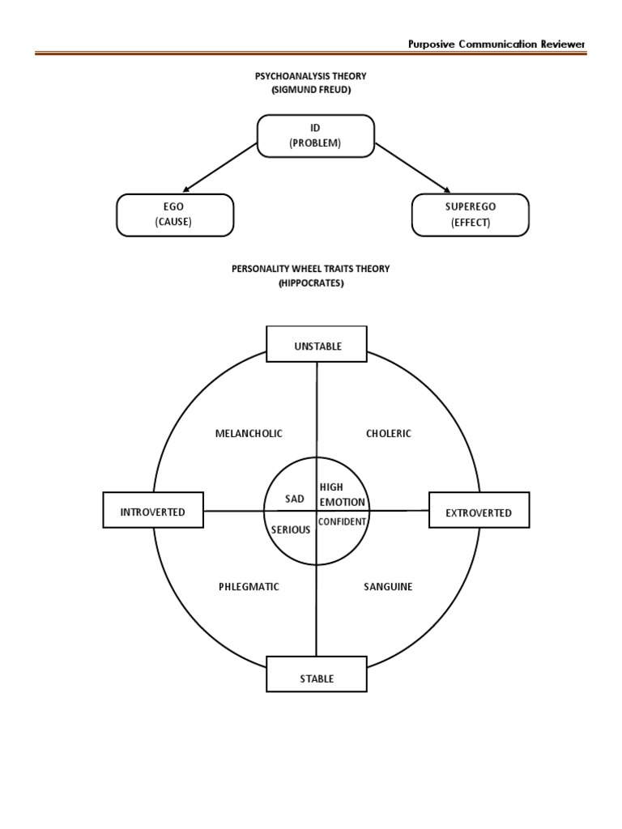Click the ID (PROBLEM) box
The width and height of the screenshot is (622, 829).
point(316,135)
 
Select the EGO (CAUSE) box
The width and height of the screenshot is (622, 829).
point(175,215)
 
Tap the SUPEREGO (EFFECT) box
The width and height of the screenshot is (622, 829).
point(471,215)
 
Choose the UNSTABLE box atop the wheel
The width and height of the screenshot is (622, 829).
point(317,346)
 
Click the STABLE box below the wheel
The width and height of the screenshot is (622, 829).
point(317,678)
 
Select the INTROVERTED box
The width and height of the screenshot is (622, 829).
point(153,512)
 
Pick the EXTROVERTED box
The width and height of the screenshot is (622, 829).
point(479,512)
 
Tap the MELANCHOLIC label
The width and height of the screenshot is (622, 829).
point(249,434)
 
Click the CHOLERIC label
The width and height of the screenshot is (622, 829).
point(389,434)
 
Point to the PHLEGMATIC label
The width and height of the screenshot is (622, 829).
point(249,586)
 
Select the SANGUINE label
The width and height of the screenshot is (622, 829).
point(388,586)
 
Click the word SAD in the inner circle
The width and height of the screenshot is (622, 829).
point(294,500)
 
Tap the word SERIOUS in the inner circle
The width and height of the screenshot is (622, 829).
point(290,529)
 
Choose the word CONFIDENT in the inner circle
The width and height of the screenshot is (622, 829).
point(343,522)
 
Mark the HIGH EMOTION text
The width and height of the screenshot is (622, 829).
point(343,495)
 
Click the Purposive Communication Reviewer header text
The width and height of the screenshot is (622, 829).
point(496,45)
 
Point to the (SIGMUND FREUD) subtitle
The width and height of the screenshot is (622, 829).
point(311,89)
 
